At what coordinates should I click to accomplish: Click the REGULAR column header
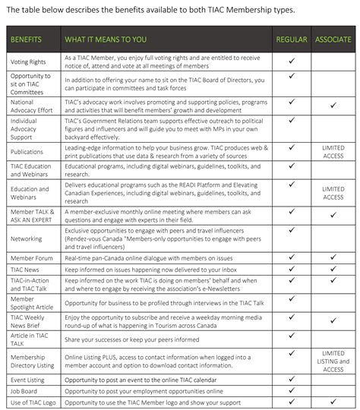pos(292,39)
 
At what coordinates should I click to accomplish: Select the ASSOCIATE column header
pos(333,39)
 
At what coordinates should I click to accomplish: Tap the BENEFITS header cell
pos(27,39)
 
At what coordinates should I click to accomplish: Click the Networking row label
pos(27,238)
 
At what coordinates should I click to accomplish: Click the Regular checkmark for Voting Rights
pos(292,57)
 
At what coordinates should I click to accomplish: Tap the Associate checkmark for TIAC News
pos(333,269)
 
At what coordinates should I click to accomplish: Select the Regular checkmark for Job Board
pos(292,389)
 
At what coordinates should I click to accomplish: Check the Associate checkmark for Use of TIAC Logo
pos(333,400)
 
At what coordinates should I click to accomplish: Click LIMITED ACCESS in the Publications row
pos(333,151)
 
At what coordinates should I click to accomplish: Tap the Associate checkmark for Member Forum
pos(333,257)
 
